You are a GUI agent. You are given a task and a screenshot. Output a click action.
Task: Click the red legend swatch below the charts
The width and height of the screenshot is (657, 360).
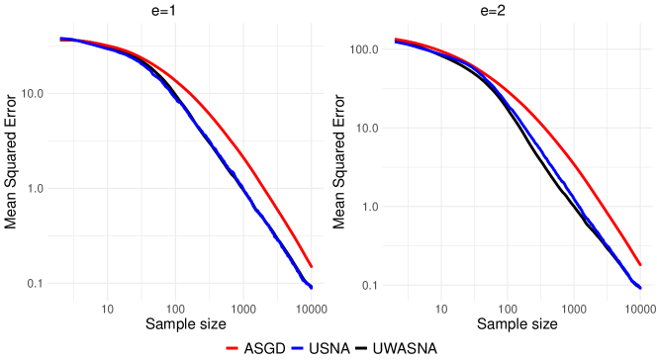click(233, 348)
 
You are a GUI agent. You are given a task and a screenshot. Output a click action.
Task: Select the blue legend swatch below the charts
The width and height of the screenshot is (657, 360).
click(297, 348)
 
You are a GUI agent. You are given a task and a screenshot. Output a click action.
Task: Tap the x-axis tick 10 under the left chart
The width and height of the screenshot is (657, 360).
click(108, 309)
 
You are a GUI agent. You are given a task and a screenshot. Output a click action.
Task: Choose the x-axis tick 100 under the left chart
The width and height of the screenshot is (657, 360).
click(176, 309)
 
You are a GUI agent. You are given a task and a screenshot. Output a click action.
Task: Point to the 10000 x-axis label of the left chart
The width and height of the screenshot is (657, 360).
click(312, 309)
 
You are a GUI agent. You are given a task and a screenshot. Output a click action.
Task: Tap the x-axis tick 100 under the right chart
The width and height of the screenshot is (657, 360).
click(508, 309)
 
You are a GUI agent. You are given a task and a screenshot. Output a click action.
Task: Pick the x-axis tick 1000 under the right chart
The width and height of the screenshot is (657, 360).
click(574, 309)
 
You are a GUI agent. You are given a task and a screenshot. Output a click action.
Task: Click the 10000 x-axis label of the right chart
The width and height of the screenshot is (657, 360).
click(640, 309)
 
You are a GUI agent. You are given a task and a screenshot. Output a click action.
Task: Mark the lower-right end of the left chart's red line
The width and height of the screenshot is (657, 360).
click(312, 266)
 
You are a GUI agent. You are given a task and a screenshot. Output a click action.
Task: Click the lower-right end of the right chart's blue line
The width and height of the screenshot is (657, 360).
click(641, 288)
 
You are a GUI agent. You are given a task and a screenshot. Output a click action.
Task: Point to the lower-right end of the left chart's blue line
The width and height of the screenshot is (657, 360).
click(312, 287)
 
